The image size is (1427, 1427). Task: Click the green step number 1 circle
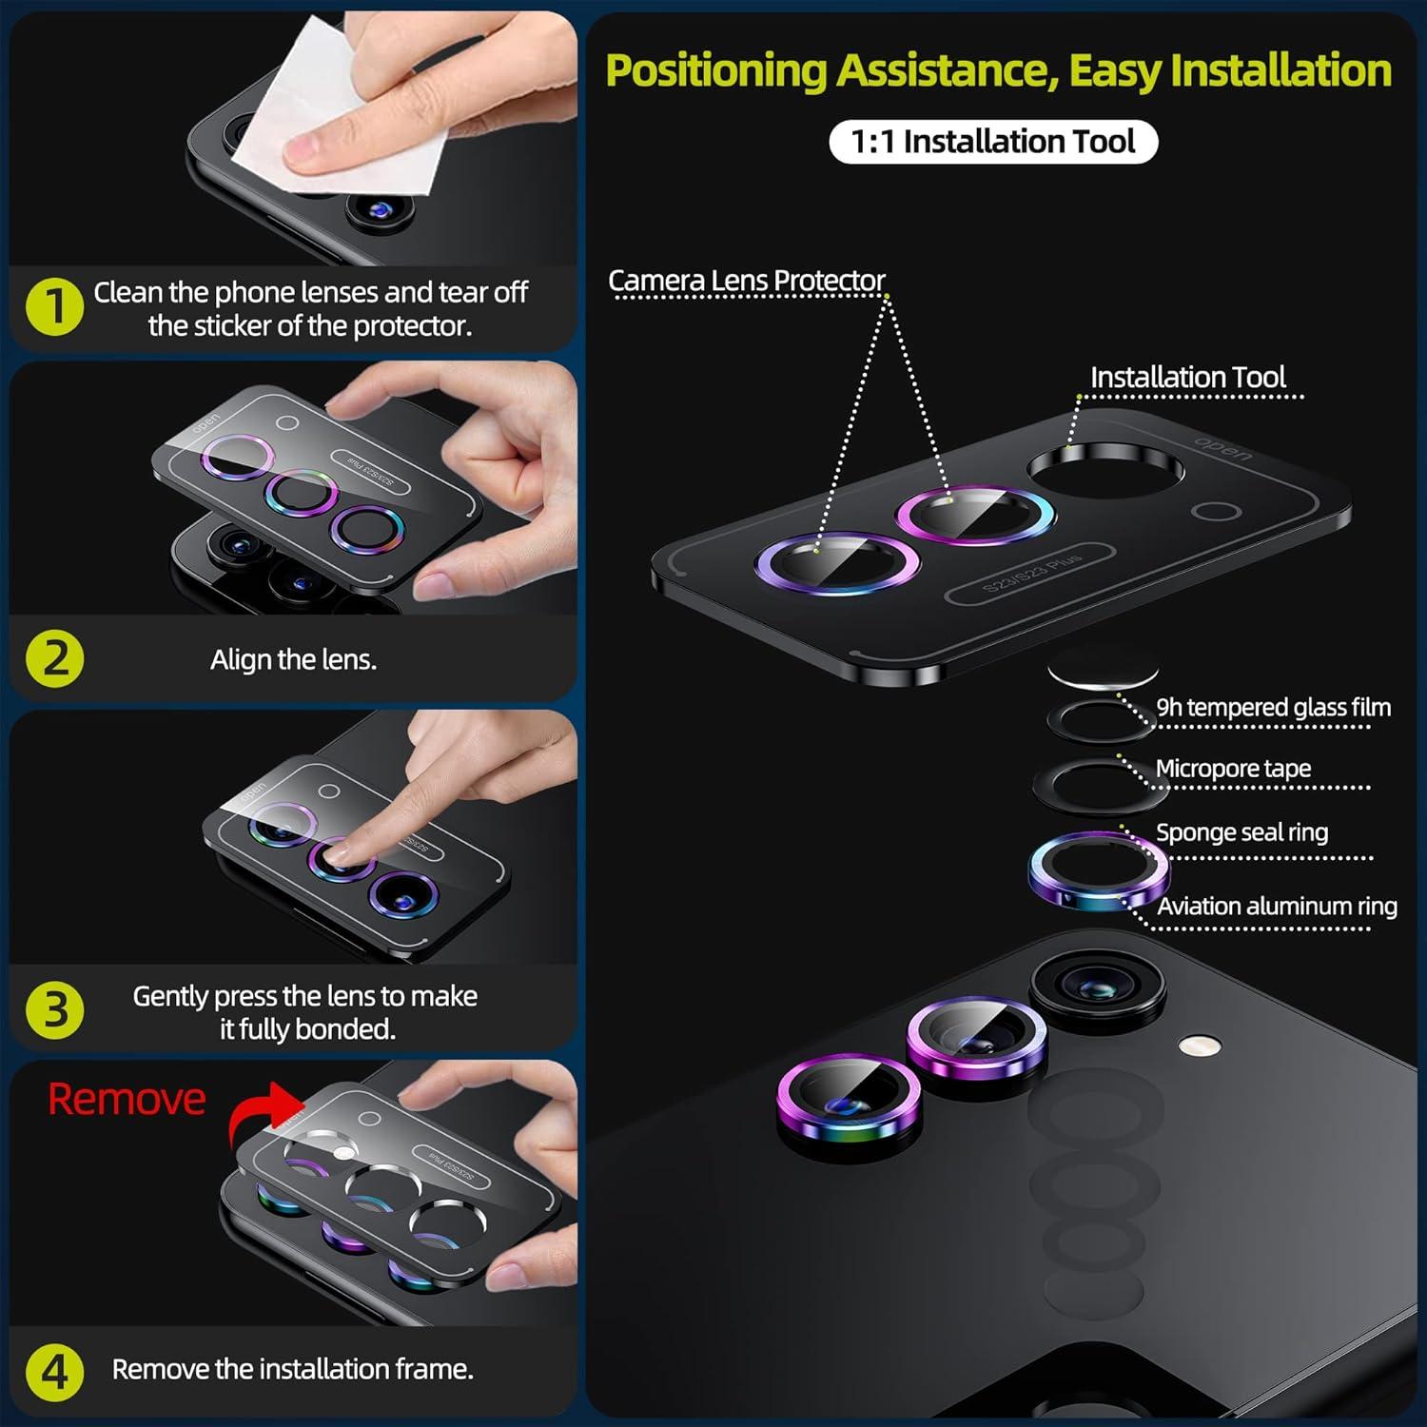click(55, 306)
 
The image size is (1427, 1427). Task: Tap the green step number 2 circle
click(55, 658)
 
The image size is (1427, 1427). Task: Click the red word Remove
click(127, 1100)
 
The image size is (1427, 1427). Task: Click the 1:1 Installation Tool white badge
click(993, 142)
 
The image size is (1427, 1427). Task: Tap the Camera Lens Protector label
click(747, 281)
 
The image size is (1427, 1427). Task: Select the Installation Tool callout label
click(1188, 378)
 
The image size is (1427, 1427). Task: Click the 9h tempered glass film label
click(1274, 708)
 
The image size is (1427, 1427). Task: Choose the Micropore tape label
click(1233, 769)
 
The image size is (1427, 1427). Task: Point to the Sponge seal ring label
click(1241, 832)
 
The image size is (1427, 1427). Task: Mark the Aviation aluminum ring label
click(1277, 906)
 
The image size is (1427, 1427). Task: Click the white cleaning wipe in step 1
click(342, 105)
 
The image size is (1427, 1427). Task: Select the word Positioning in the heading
click(716, 71)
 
